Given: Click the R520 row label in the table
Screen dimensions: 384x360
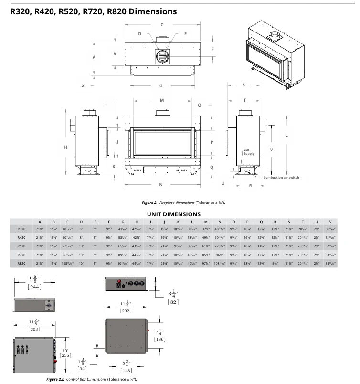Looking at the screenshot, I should pos(21,245).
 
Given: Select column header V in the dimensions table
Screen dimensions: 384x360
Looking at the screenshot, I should pos(330,222).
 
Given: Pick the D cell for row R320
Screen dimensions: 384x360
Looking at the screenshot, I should pos(81,229).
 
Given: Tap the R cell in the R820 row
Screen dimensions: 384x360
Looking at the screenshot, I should pos(275,263).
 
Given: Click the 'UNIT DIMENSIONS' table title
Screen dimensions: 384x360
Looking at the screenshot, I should pos(173,214).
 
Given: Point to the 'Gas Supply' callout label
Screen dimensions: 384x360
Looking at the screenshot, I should pos(248,151).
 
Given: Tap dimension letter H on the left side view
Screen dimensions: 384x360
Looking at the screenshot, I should pos(66,147).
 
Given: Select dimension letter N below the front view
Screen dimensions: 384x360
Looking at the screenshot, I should pos(161,184).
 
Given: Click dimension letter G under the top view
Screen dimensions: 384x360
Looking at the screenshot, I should pos(161,86).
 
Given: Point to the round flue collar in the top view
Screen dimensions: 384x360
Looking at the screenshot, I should pos(162,56).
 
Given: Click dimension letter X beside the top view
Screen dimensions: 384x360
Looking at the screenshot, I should pos(83,86).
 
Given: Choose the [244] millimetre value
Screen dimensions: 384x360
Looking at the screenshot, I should pos(34,287).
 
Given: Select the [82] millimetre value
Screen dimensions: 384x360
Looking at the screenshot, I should pos(173,303).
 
